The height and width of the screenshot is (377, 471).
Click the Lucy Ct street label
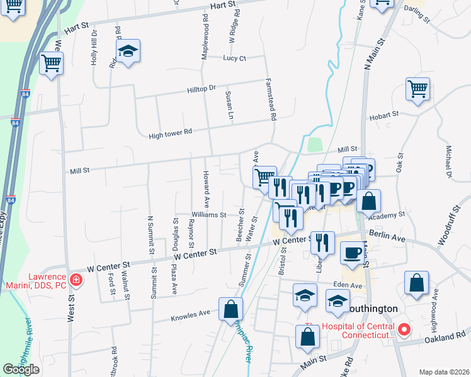234,58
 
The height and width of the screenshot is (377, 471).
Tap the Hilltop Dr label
201,89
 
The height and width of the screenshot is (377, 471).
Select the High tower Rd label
169,134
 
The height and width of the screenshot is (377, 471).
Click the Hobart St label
386,114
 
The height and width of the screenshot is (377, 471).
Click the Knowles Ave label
190,314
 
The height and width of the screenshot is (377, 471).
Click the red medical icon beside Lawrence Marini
76,280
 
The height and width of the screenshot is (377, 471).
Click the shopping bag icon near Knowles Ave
230,309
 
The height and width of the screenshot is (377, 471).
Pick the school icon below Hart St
128,52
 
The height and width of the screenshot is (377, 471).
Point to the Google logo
21,369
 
